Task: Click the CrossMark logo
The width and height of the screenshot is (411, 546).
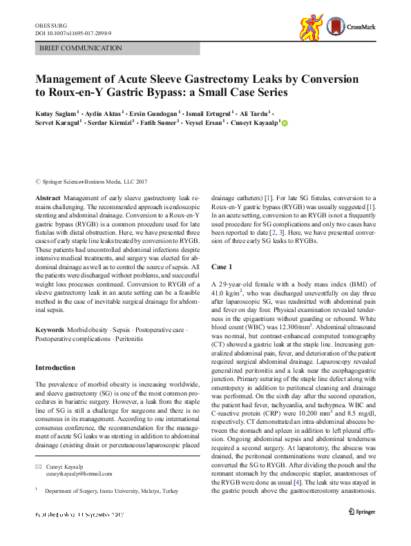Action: [352, 28]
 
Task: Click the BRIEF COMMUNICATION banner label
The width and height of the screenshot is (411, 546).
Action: [81, 48]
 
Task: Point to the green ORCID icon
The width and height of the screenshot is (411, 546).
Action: [284, 124]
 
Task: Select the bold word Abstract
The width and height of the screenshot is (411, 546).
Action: [48, 197]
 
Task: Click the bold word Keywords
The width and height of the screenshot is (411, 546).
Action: [50, 331]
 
